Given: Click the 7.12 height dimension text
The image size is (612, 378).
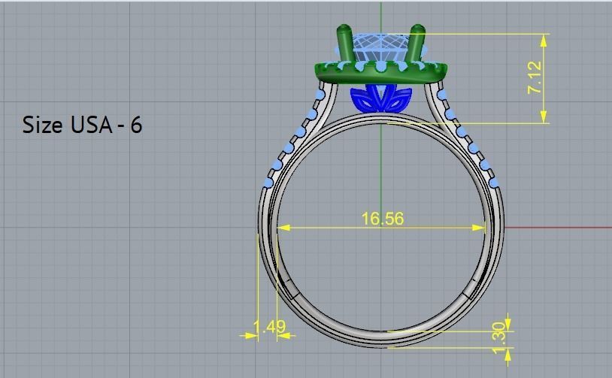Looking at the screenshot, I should (x=535, y=77).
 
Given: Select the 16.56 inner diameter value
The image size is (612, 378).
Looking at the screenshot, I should (x=382, y=219).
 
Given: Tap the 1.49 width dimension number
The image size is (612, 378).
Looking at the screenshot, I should (x=268, y=327).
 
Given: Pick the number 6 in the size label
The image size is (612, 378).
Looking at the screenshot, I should (x=136, y=125).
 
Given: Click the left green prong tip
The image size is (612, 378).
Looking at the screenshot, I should (x=343, y=31).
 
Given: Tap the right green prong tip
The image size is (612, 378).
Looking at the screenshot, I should (x=417, y=31).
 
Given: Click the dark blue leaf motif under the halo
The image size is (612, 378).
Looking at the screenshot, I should (x=380, y=98).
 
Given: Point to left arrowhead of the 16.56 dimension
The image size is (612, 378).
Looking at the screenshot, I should (x=282, y=227).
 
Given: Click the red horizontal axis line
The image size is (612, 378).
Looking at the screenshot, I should (x=556, y=227).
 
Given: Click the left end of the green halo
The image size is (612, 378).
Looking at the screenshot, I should (x=318, y=71).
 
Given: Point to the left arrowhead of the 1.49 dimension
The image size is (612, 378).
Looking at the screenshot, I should (x=245, y=336).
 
